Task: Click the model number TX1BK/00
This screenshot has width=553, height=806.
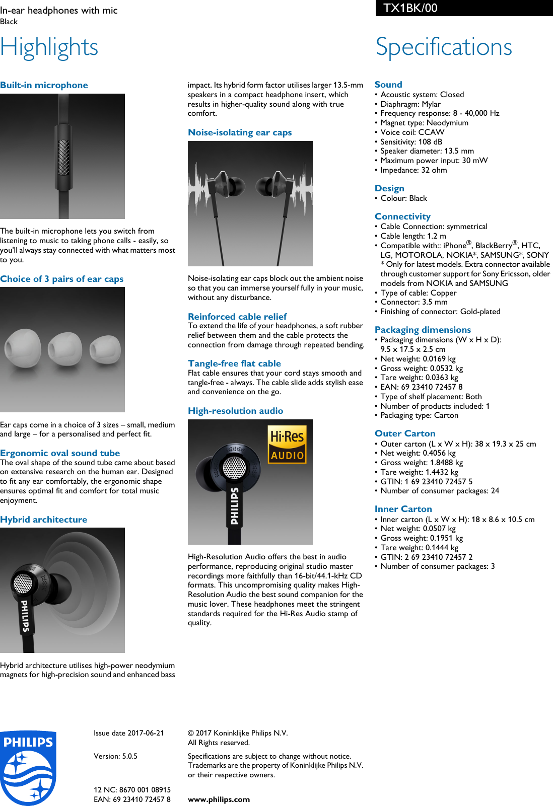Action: coord(410,8)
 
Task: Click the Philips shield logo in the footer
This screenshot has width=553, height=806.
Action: coord(28,767)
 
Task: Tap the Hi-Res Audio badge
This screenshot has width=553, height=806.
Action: coord(287,444)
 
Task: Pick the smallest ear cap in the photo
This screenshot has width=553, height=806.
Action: coord(105,348)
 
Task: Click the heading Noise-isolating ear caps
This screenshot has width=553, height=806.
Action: coord(240,132)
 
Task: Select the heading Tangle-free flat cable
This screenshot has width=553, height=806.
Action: coord(234,363)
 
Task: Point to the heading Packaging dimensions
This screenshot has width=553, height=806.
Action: coord(423,330)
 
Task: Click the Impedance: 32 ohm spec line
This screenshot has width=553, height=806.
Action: coord(413,170)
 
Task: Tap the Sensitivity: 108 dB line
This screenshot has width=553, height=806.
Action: coord(411,142)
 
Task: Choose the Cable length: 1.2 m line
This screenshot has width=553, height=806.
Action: coord(413,236)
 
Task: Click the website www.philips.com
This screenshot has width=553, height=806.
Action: coord(219,799)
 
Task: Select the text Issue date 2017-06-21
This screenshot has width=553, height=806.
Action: coord(128,733)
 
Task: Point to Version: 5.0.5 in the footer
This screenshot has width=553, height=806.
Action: coord(115,756)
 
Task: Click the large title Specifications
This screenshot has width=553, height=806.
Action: coord(444,47)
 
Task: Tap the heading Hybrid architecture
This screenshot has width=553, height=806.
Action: coord(44,520)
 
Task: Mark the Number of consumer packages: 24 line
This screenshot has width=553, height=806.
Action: coord(440,491)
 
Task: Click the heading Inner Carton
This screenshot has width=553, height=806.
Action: coord(403,509)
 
